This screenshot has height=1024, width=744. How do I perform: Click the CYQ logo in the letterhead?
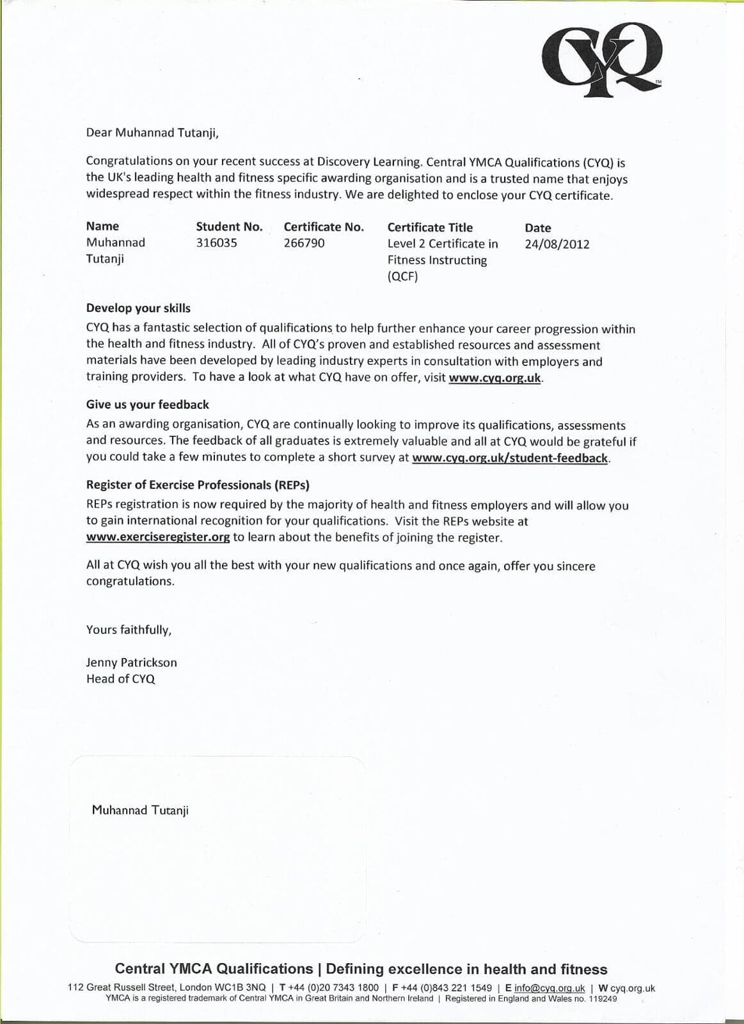click(x=601, y=59)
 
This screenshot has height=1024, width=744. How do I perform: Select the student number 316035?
click(x=216, y=243)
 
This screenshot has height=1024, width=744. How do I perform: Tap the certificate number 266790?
click(x=304, y=243)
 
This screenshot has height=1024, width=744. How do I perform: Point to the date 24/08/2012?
click(x=557, y=244)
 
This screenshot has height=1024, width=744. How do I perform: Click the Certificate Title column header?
click(x=430, y=227)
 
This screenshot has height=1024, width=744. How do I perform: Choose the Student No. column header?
click(x=229, y=227)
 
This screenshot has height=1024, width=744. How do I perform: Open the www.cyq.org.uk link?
click(x=495, y=378)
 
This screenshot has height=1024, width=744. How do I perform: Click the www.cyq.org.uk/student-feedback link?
click(x=509, y=458)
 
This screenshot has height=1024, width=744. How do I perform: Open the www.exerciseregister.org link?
click(x=158, y=537)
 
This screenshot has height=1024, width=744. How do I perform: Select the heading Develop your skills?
click(x=138, y=308)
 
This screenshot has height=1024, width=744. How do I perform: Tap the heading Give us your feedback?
click(x=148, y=404)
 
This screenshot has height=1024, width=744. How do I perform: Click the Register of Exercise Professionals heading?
click(x=198, y=484)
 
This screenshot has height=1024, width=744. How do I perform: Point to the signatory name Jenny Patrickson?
click(x=131, y=662)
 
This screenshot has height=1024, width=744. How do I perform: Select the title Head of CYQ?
click(x=120, y=679)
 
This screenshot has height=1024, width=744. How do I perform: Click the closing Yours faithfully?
click(x=129, y=630)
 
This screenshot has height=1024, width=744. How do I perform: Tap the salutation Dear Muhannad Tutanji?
click(x=152, y=133)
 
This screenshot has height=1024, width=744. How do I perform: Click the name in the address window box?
click(x=140, y=810)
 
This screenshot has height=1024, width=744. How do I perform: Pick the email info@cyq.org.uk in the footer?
click(x=550, y=988)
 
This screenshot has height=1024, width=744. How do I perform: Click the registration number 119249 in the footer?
click(x=603, y=998)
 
